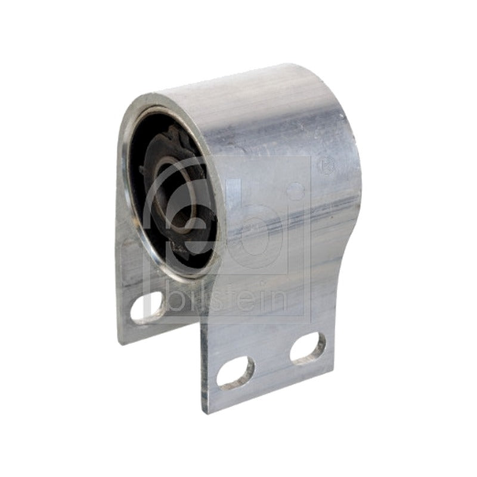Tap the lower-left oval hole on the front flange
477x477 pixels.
click(235, 373)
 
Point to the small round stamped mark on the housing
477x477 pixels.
click(326, 165)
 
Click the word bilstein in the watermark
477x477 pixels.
click(226, 298)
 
